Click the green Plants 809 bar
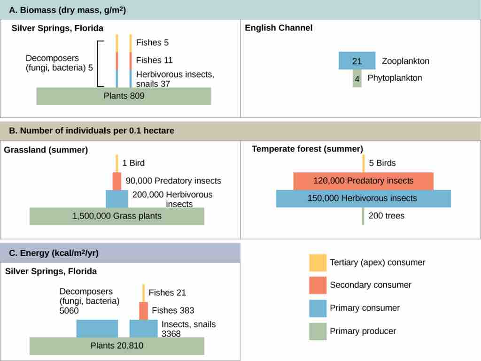[x=124, y=96]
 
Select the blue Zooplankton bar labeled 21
[x=357, y=61]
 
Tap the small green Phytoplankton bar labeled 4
[x=357, y=78]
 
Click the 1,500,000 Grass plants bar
[x=116, y=216]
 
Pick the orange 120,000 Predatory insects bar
[x=363, y=181]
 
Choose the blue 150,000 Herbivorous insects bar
[x=363, y=199]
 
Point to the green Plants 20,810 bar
[x=116, y=346]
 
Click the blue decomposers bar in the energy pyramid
[x=97, y=329]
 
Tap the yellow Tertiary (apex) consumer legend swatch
[x=318, y=262]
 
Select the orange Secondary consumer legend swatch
[x=318, y=285]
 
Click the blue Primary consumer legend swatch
[x=318, y=308]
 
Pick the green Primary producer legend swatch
[x=318, y=331]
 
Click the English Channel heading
[x=279, y=28]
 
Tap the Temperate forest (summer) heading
[x=307, y=149]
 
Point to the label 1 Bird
[x=133, y=163]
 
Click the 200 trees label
[x=387, y=216]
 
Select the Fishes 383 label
[x=173, y=310]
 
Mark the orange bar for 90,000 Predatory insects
[x=116, y=181]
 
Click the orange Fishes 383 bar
[x=143, y=310]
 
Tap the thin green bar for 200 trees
[x=363, y=216]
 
